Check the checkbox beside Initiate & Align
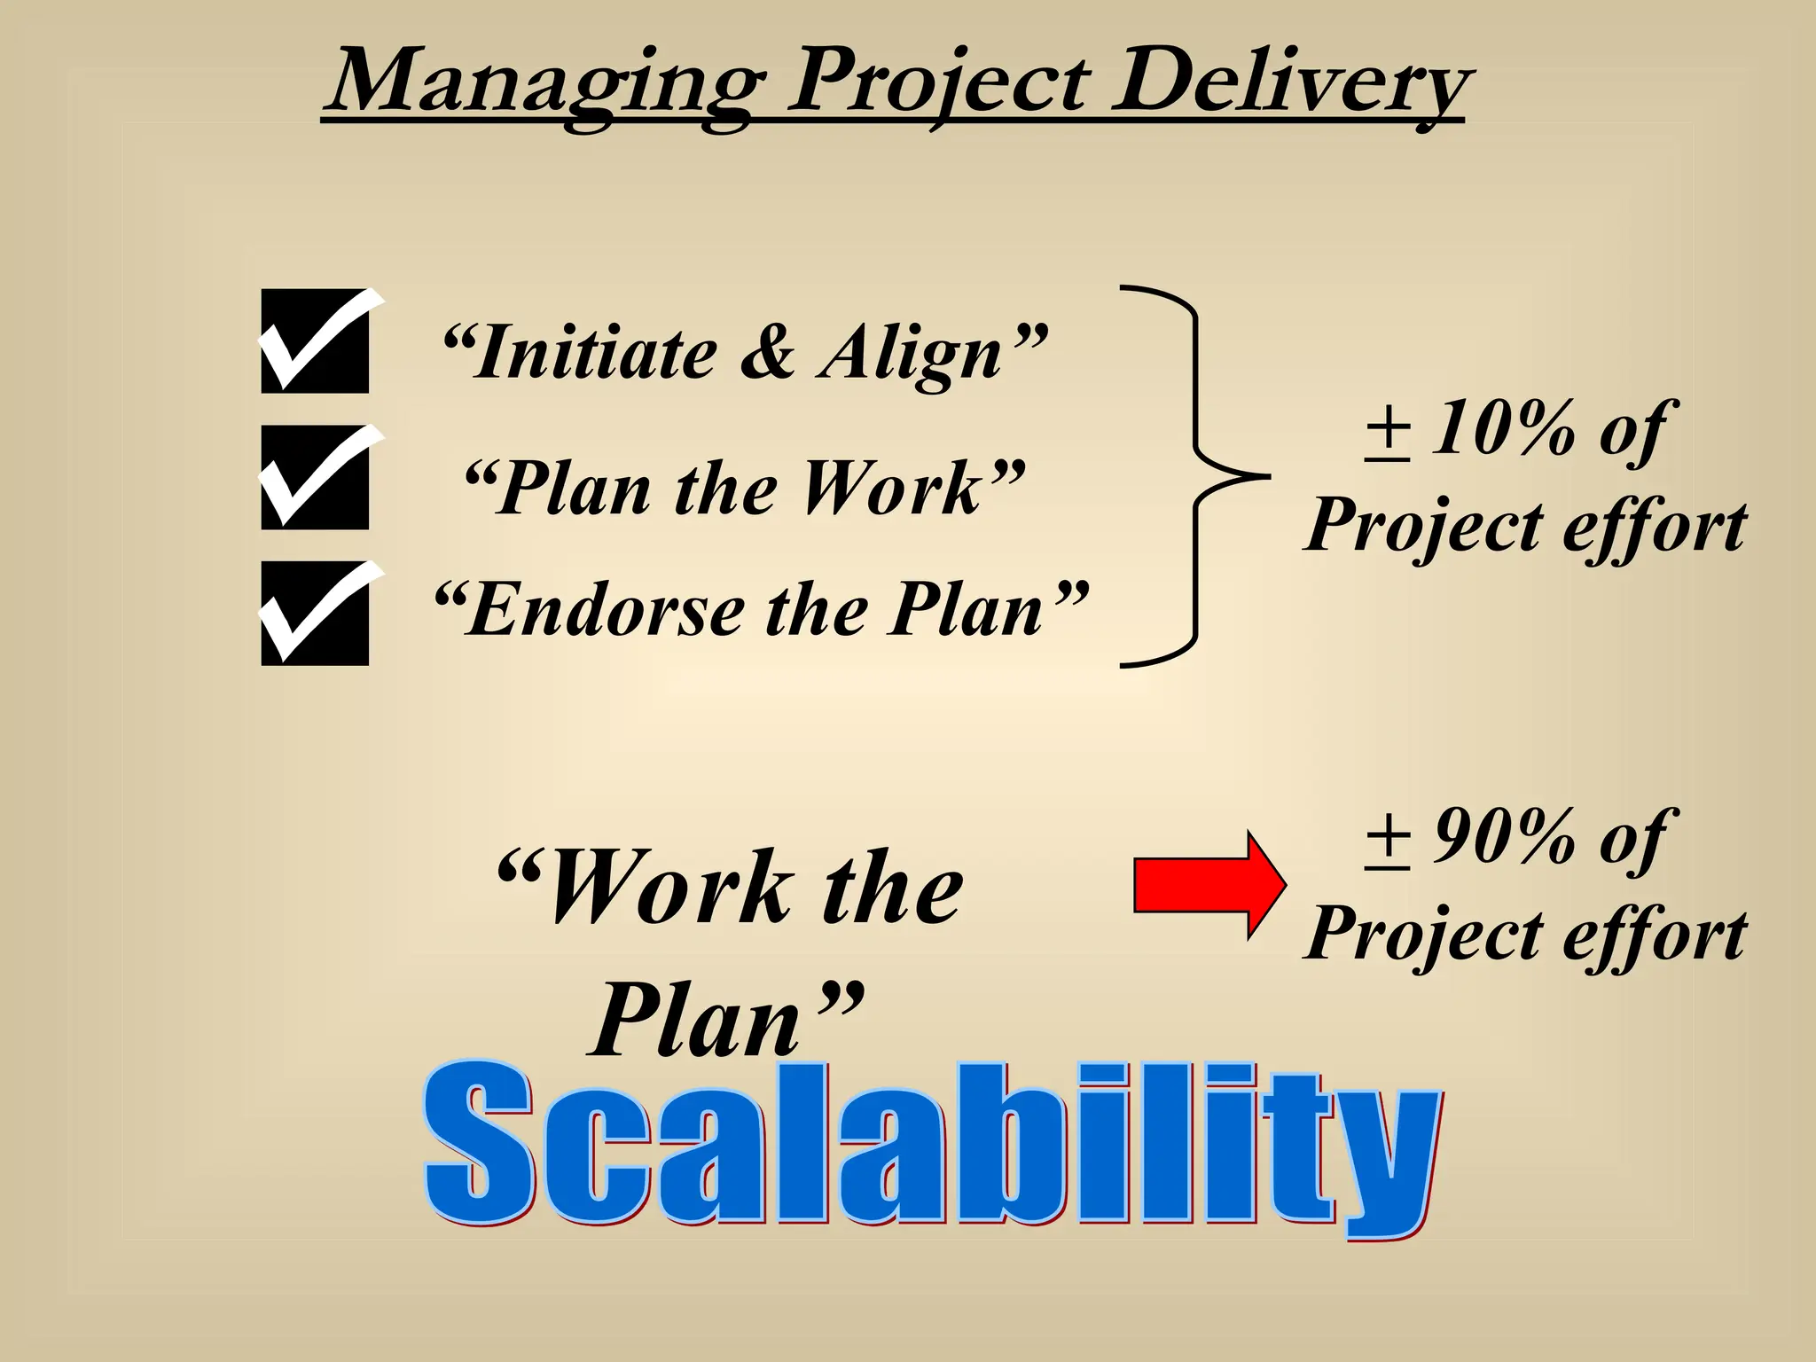[315, 341]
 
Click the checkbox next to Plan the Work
[315, 478]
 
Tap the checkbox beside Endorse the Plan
[315, 614]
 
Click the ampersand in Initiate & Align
[766, 353]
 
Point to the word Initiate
[594, 353]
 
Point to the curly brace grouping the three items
[1197, 476]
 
